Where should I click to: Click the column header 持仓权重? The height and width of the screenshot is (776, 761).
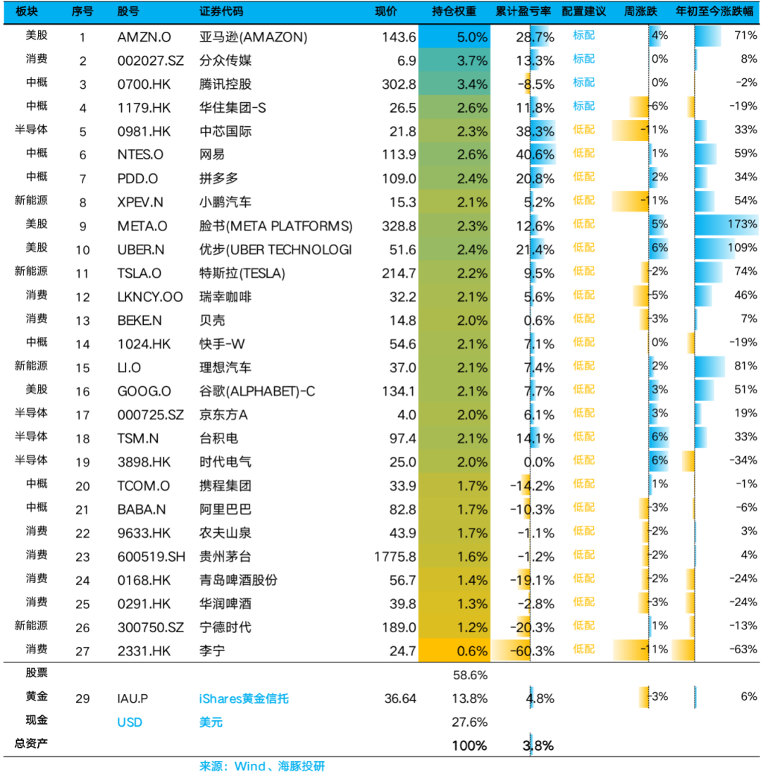tap(454, 11)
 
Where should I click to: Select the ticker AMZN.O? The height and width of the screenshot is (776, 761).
tap(144, 37)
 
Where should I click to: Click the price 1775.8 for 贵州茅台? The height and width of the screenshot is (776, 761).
tap(395, 557)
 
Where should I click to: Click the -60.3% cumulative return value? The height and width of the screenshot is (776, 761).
tap(532, 651)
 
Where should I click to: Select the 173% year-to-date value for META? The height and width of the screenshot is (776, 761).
tap(742, 223)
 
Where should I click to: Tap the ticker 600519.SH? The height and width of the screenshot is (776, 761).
tap(151, 557)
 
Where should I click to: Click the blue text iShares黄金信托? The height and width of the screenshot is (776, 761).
tap(243, 698)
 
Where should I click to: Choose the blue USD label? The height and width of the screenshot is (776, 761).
tap(130, 722)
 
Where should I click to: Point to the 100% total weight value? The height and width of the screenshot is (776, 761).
tap(469, 745)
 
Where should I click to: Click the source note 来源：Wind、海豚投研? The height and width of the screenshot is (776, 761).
tap(261, 766)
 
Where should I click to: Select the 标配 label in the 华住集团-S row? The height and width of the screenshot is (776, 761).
tap(583, 106)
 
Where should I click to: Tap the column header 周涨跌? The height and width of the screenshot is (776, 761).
tap(641, 11)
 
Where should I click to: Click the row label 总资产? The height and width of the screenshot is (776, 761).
tap(31, 744)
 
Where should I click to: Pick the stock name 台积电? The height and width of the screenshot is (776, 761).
tap(218, 438)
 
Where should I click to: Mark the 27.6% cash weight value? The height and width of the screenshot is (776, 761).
tap(469, 722)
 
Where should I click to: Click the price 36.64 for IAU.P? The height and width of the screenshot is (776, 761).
tap(400, 698)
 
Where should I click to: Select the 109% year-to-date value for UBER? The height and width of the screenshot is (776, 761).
tap(742, 247)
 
